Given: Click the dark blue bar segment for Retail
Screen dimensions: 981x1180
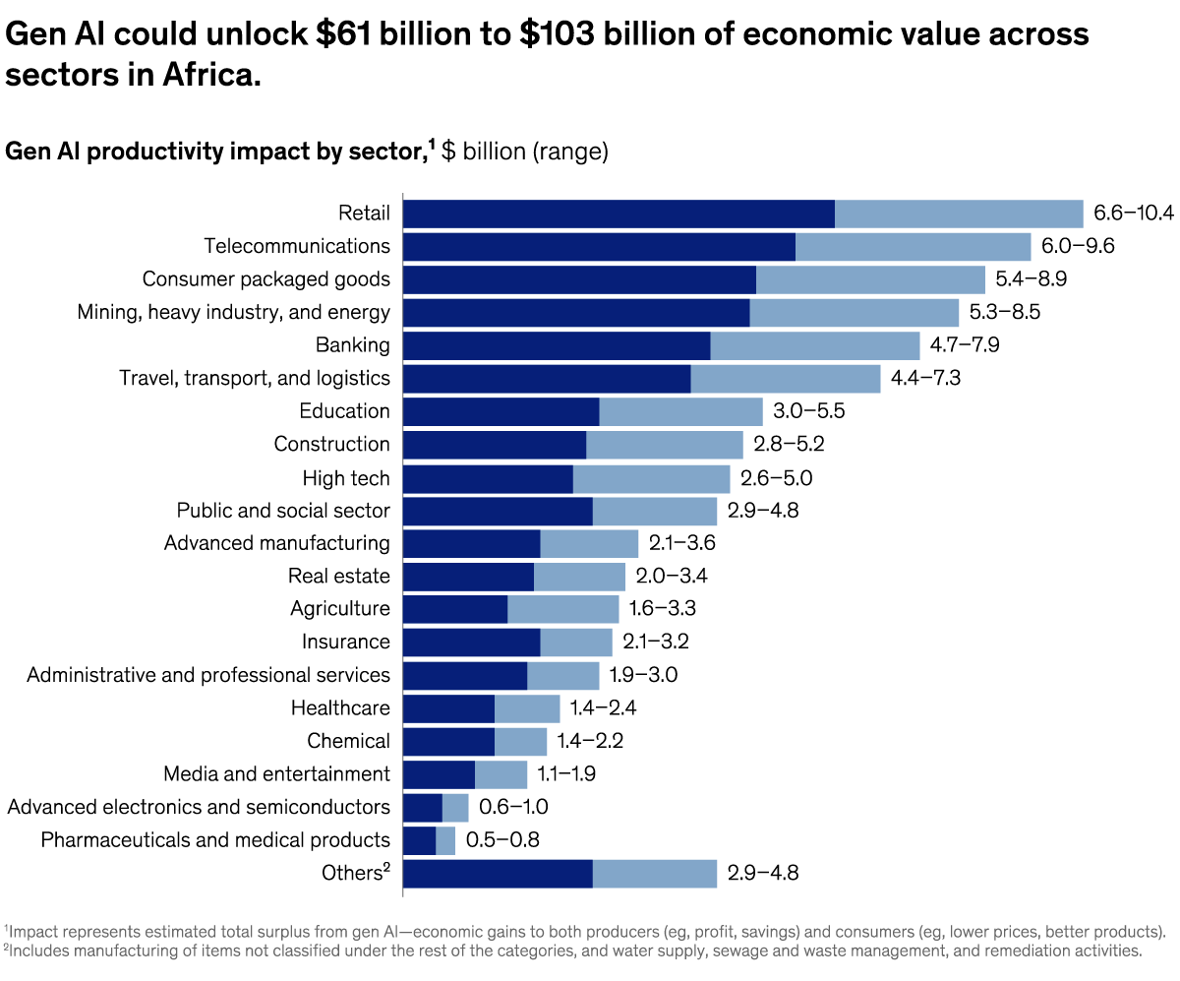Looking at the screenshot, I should pos(619,214).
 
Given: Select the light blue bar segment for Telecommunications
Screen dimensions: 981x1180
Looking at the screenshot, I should pos(913,246).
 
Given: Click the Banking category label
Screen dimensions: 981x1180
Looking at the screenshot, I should pos(352,345).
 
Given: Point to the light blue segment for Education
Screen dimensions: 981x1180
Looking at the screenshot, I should pos(680,411).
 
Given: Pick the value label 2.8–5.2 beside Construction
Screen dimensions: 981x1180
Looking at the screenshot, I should pos(789,445).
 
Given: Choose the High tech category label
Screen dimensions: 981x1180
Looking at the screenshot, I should pos(346,478).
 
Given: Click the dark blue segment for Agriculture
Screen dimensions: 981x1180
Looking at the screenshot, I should pos(455,609).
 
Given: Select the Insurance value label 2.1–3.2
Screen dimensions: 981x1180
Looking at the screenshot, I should pos(656,643).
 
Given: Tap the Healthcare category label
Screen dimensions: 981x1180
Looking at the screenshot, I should pos(340,708).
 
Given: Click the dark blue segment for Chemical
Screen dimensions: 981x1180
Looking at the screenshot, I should pos(448,741).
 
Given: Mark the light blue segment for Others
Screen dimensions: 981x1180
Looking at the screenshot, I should pos(655,874).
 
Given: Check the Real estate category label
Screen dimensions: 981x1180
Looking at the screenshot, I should pos(338,577).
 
